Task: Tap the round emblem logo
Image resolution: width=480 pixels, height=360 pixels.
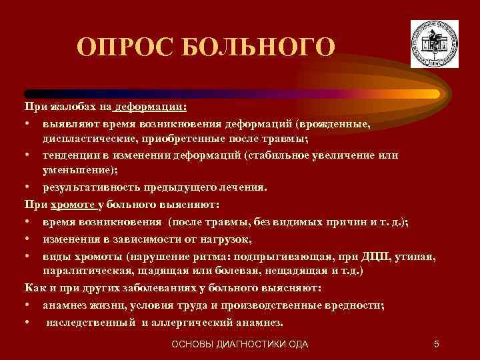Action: [x=435, y=42]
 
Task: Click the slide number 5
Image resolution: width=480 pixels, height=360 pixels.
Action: [x=435, y=344]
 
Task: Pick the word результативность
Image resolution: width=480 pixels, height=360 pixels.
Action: [x=91, y=187]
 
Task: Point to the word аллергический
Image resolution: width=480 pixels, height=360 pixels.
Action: [x=202, y=323]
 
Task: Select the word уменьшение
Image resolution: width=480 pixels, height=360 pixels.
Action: [x=73, y=171]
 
